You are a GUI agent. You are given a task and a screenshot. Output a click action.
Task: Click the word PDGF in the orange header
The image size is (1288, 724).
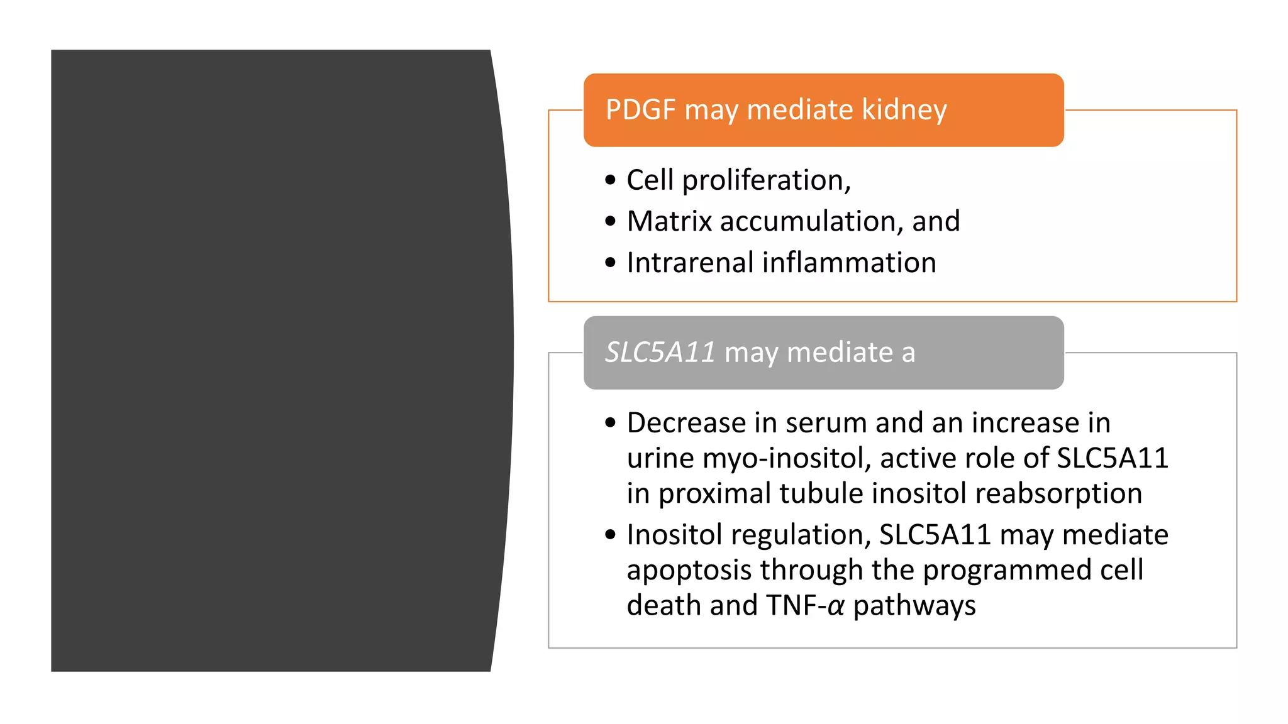click(640, 110)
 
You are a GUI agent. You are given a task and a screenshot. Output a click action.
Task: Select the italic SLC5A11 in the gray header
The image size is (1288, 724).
click(660, 353)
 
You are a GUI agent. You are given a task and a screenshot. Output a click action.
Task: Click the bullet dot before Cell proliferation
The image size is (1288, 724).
click(610, 180)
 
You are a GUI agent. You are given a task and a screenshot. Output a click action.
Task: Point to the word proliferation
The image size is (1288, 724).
click(767, 181)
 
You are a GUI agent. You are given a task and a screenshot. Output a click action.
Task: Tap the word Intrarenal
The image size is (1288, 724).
click(690, 263)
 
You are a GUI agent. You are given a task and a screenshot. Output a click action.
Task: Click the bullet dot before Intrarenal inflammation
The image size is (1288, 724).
click(610, 263)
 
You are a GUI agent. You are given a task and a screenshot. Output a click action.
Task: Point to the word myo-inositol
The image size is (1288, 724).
click(787, 459)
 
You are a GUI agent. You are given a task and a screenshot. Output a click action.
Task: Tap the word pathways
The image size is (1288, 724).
click(914, 606)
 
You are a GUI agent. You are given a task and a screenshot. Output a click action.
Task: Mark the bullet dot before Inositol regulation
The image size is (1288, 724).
click(610, 535)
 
